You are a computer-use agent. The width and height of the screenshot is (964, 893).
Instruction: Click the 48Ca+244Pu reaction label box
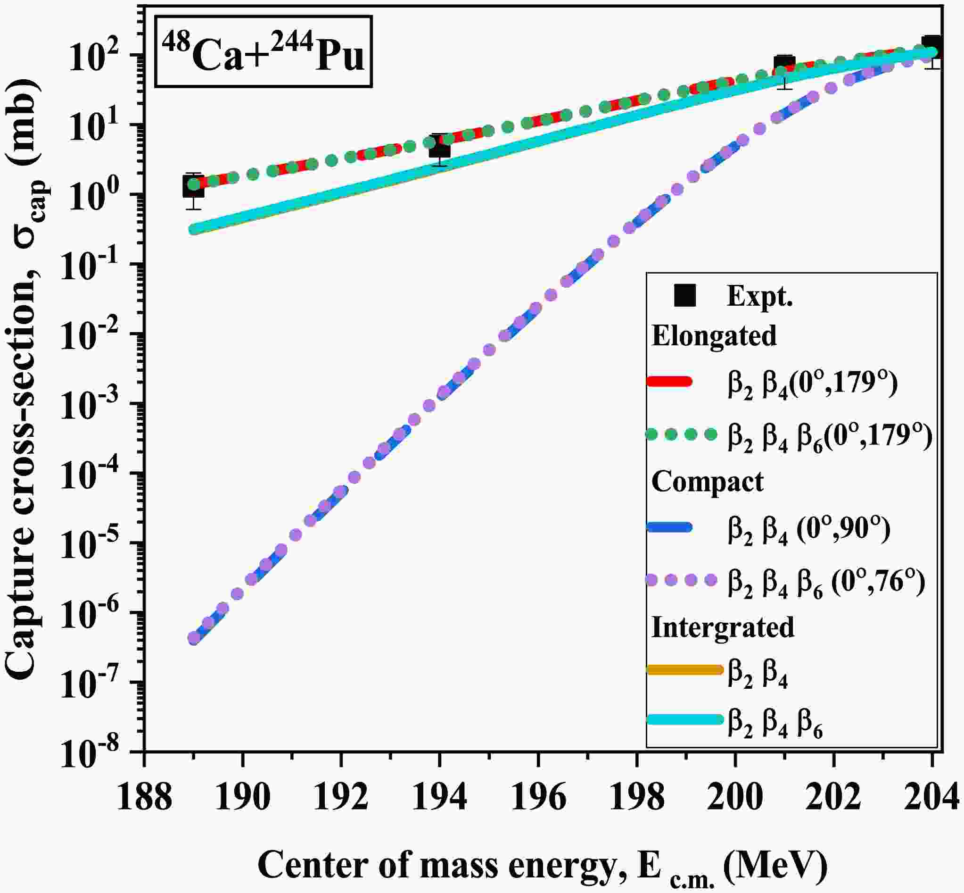coord(263,52)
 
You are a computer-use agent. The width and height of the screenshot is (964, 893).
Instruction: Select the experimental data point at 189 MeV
coord(193,186)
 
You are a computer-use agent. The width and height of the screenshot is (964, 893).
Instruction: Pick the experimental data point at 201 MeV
coord(784,64)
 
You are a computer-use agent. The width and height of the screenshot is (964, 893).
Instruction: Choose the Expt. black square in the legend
coord(685,296)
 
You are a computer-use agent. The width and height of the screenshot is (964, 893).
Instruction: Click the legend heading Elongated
coord(714,335)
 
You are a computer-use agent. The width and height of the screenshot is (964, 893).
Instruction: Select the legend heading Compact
coord(708,481)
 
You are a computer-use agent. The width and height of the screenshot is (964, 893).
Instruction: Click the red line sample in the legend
coord(669,382)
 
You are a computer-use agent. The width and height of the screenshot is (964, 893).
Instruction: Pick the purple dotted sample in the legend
coord(681,580)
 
